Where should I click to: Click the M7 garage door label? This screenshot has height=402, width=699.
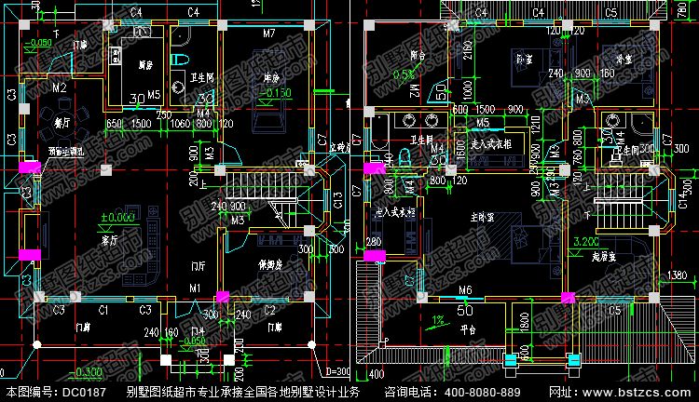click(x=268, y=33)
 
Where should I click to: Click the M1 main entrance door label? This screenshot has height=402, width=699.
click(x=195, y=288)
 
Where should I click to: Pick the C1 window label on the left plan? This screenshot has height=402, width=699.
click(x=103, y=309)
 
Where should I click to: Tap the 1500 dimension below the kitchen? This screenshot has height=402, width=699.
click(x=141, y=124)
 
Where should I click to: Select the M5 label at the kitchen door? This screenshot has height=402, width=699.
click(x=154, y=95)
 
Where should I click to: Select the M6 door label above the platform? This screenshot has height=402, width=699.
click(x=465, y=289)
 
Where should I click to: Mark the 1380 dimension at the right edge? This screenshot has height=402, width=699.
click(x=678, y=275)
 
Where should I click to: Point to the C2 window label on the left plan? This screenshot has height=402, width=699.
click(x=268, y=309)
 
